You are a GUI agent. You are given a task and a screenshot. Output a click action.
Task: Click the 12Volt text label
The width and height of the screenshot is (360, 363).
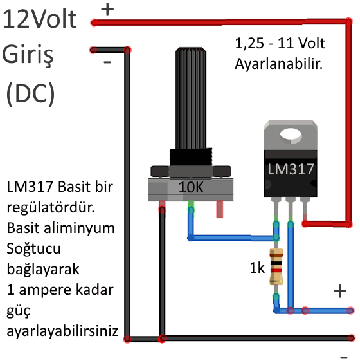point(40,19)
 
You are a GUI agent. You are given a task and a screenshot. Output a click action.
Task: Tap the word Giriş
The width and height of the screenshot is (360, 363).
point(28,55)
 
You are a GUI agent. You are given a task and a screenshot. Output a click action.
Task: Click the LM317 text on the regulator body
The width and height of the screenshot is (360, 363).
point(291,169)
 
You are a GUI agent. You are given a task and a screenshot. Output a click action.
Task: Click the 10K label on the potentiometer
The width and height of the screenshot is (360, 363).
point(191,187)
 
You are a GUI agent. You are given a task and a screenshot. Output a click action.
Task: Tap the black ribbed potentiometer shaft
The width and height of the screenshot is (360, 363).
point(191,98)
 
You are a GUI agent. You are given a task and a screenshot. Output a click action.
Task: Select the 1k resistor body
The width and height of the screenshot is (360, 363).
point(276,266)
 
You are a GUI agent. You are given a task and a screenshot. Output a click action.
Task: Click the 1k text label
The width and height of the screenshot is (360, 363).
point(257,268)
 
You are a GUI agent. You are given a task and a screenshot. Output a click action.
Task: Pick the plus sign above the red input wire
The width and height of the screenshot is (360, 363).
point(107,10)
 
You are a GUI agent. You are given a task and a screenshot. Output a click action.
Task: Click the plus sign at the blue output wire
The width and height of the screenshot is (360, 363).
point(340,291)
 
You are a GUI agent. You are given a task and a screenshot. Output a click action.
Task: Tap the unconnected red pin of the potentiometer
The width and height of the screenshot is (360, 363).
point(220,209)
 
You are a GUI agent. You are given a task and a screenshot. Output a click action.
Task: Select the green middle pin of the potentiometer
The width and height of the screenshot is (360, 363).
point(191,207)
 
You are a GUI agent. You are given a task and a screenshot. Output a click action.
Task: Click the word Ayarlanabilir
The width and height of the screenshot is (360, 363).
point(278,64)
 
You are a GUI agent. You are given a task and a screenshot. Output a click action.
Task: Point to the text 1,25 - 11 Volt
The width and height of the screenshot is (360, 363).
point(280,43)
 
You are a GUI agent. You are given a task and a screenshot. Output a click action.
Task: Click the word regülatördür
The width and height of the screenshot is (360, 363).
point(51,207)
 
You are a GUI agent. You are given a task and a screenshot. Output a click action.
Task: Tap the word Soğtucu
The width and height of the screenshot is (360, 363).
point(34,249)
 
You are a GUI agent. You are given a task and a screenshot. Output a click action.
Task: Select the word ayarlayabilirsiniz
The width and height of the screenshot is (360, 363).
point(62,331)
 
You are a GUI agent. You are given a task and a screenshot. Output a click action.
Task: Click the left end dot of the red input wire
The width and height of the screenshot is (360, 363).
point(94,23)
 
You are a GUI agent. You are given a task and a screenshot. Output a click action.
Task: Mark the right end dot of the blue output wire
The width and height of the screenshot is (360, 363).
point(350,310)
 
